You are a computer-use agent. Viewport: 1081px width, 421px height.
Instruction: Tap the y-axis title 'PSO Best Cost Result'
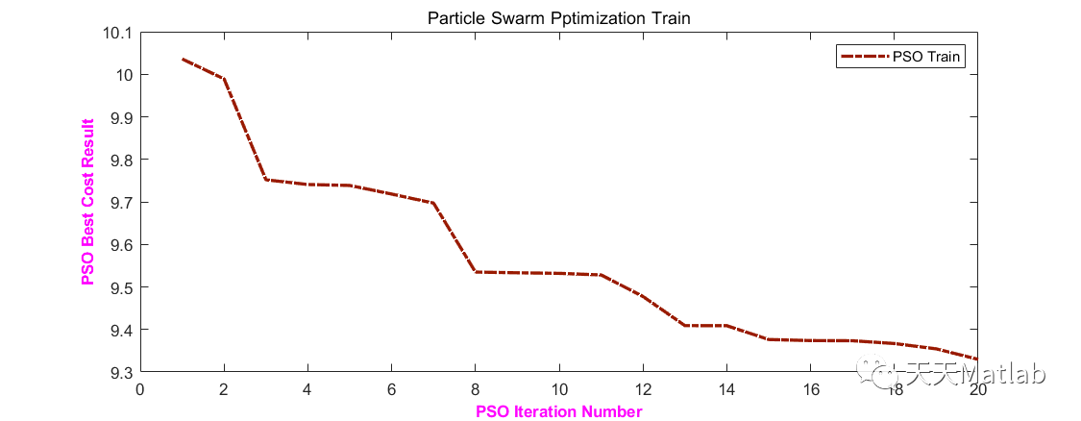(89, 202)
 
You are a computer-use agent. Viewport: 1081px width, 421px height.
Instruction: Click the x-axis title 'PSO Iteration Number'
(558, 411)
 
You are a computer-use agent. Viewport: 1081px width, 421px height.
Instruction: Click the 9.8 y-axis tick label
(119, 160)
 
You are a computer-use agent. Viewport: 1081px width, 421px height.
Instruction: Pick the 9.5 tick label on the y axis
(119, 287)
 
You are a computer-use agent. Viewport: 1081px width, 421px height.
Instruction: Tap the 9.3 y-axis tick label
(119, 372)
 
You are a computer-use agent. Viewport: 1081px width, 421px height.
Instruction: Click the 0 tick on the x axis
(140, 389)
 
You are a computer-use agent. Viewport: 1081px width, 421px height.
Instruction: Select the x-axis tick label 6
(391, 389)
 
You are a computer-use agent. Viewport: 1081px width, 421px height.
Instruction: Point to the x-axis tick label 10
(559, 389)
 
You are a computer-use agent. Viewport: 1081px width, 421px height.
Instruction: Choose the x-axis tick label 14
(726, 389)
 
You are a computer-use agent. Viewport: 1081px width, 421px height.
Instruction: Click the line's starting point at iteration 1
(183, 60)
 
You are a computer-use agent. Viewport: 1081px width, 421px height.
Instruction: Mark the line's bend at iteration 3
(266, 180)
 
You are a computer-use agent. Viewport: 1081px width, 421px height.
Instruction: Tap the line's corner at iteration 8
(476, 272)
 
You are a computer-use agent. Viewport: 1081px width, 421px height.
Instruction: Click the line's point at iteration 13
(685, 326)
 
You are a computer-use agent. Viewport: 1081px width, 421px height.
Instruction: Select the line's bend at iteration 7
(433, 203)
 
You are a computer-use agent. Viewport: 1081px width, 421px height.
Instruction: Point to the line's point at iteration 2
(224, 78)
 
